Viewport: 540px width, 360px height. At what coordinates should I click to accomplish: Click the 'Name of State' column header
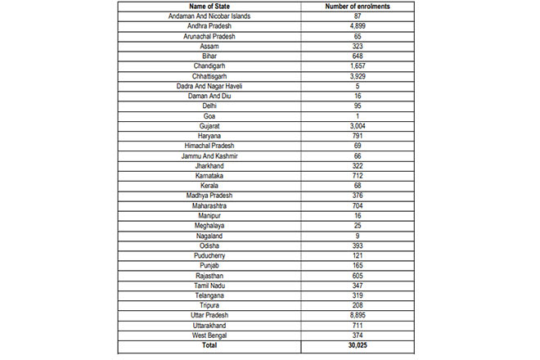point(209,7)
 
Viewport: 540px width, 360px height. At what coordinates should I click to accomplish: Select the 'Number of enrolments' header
point(356,7)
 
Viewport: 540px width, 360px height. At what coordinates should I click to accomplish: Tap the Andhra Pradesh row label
point(209,26)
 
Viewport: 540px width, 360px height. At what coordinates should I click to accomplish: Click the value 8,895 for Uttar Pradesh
point(356,315)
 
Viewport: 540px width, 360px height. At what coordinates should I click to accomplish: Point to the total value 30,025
point(356,346)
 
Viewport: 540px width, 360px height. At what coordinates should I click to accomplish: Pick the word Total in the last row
point(209,346)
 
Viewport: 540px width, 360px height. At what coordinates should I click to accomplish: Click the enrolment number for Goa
point(356,116)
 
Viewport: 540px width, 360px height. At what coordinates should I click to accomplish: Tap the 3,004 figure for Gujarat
point(356,126)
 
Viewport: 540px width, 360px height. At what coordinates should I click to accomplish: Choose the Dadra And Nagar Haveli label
point(209,85)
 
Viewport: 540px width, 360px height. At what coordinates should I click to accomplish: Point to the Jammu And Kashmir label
point(209,155)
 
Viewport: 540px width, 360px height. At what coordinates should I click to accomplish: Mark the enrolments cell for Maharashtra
point(356,205)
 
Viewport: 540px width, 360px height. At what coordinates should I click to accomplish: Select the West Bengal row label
point(209,335)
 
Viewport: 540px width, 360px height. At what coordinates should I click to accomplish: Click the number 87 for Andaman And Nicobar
point(356,16)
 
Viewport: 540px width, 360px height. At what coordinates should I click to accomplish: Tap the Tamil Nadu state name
point(209,286)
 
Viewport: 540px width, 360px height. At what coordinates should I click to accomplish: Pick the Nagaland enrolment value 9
point(356,236)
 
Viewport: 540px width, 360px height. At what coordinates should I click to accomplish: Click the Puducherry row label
point(209,255)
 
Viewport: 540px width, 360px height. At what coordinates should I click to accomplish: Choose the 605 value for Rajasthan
point(356,276)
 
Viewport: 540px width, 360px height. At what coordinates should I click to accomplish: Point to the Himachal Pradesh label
point(209,146)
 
